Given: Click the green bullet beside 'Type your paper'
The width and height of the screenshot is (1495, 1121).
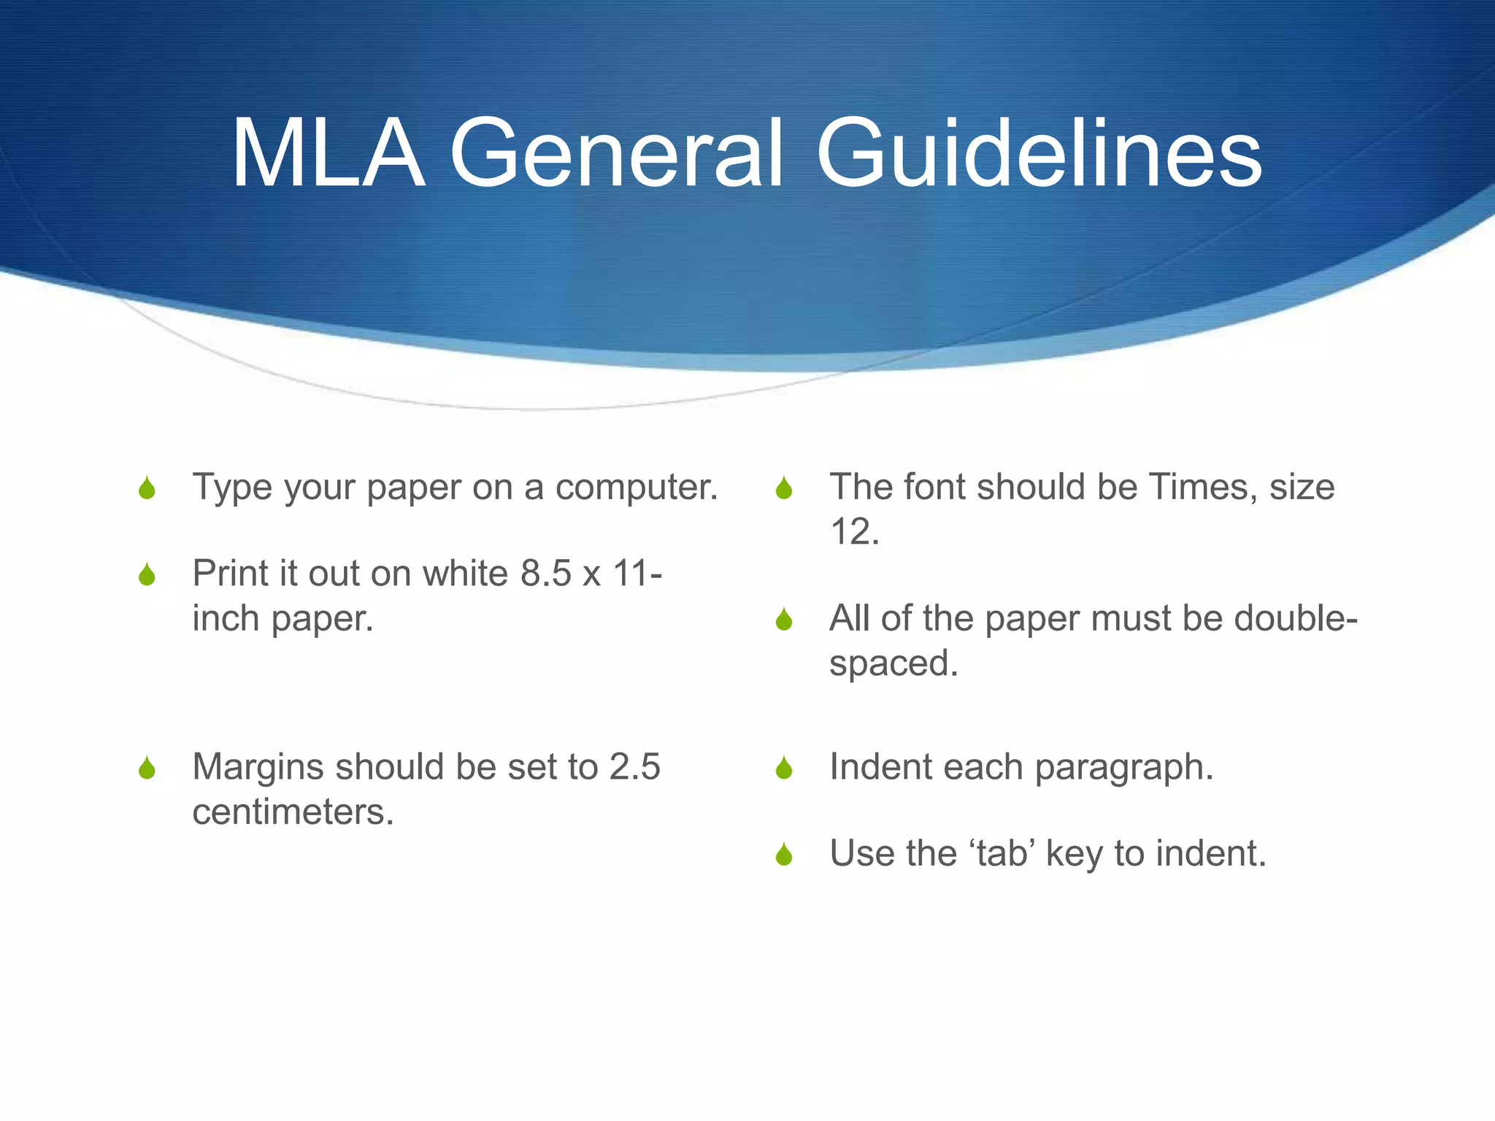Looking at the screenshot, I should point(147,488).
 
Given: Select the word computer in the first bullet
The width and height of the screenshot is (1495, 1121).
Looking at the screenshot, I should point(637,488).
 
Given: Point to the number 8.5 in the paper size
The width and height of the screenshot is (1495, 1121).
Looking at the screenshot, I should point(546,574).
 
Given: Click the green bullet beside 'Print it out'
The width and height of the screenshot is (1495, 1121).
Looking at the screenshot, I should point(147,575).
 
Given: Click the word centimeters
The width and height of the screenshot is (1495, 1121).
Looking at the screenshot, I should point(293,812).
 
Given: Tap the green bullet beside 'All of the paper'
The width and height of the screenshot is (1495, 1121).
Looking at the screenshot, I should point(784,620).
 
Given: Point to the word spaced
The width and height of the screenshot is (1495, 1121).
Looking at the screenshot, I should point(893,664).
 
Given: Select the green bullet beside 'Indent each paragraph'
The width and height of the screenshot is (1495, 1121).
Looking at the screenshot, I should point(784,768).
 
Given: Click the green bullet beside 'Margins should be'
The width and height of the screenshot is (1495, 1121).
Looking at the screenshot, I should point(147,768).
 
